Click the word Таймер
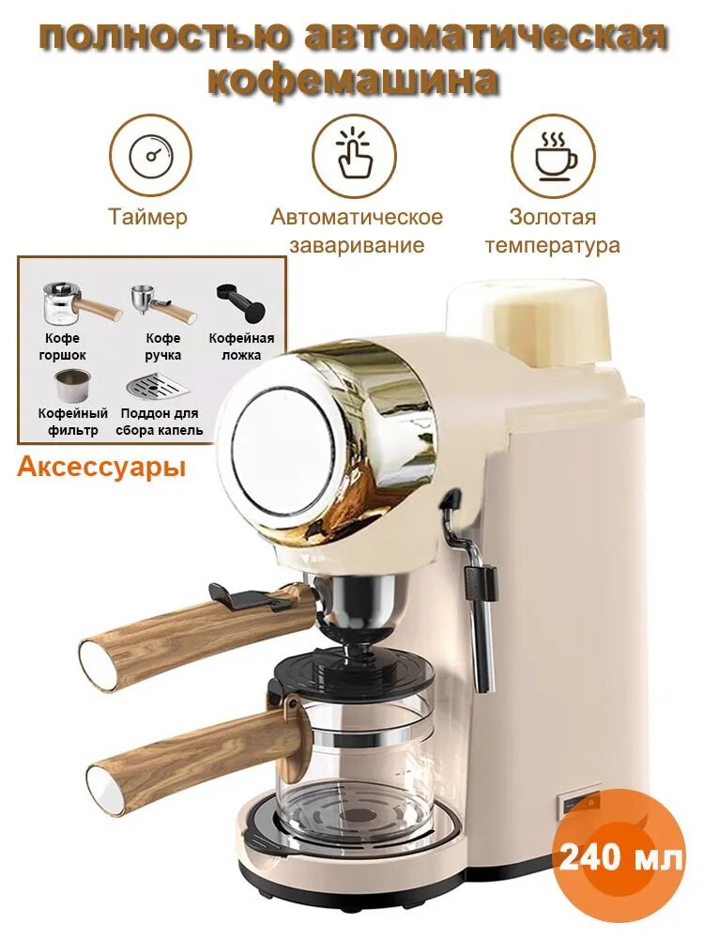coord(147,217)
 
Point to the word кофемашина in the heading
coord(353,80)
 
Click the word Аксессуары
coord(100,467)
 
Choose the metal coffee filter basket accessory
coord(72,386)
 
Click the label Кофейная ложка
coord(241,346)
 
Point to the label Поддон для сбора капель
coord(160,422)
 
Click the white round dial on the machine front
coord(281,442)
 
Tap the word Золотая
coord(553,217)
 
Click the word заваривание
coord(357,245)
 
